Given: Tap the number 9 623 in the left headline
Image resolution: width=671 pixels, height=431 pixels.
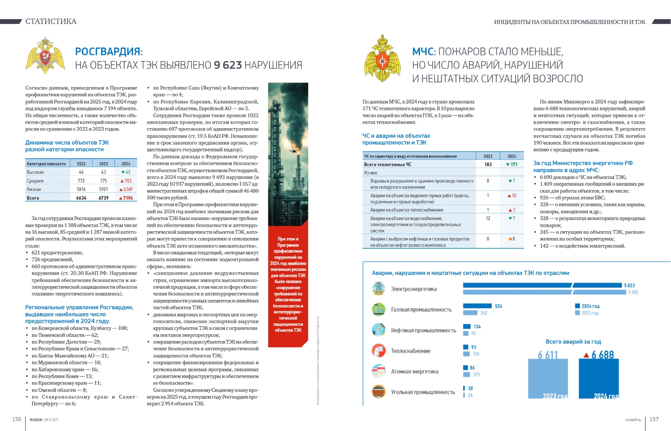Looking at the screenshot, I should [228, 65].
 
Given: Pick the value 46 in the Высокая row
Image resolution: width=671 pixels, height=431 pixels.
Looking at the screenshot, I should [81, 172].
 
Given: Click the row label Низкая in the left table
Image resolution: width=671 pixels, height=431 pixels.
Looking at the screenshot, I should [34, 190].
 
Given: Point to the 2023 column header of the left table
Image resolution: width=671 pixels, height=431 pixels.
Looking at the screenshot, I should [103, 164].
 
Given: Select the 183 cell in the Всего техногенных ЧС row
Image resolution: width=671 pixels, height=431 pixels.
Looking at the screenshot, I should [488, 164].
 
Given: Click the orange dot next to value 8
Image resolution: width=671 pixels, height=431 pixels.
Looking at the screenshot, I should [510, 239].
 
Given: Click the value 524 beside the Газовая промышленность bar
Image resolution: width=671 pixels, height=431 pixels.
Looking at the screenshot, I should [498, 306].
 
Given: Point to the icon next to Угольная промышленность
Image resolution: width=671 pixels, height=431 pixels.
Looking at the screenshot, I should [378, 392].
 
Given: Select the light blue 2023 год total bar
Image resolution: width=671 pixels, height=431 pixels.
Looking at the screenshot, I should [548, 378].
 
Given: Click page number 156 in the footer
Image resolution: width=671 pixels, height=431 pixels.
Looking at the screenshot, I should [17, 419].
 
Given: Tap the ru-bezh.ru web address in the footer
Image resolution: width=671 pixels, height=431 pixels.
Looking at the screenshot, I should [633, 420].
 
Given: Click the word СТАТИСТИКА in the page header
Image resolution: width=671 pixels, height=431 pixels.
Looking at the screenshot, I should [51, 22].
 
